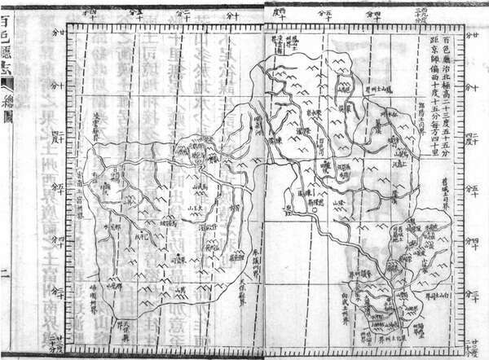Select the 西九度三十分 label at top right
(421, 10)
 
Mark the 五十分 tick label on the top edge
(324, 14)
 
